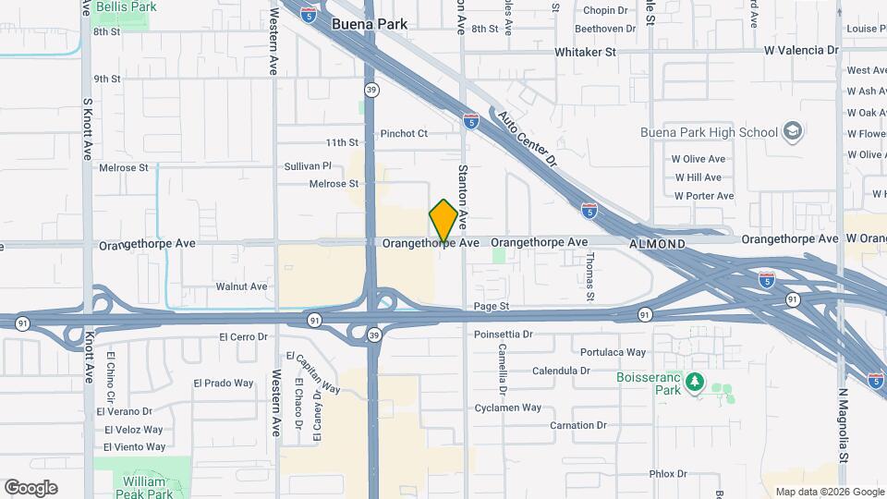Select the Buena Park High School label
[709, 132]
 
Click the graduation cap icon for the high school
[793, 131]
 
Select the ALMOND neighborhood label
[657, 244]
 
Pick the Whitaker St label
[585, 53]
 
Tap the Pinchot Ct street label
[404, 133]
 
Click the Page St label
[491, 305]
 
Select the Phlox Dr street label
[670, 474]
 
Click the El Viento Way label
[134, 447]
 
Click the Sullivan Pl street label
[308, 166]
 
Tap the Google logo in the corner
[30, 487]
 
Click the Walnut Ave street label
[241, 286]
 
